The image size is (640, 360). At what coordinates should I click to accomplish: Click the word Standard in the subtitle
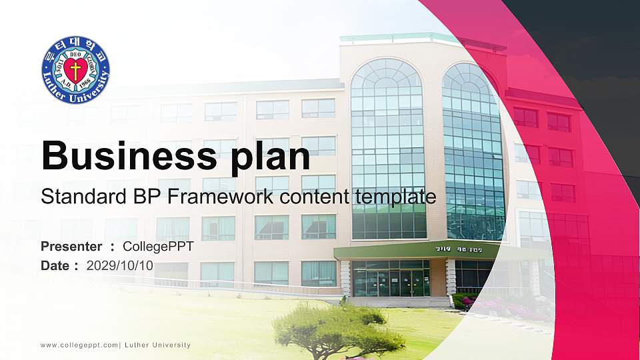tap(77, 197)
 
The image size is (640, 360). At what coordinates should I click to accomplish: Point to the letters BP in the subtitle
tap(136, 197)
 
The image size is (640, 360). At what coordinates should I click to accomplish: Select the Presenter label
tap(71, 247)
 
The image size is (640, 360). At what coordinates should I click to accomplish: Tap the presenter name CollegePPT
tap(158, 247)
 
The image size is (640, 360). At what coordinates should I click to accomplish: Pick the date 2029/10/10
tap(120, 265)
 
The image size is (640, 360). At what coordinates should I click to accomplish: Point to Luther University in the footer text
tap(157, 345)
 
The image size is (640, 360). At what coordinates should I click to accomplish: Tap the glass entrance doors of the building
tap(391, 282)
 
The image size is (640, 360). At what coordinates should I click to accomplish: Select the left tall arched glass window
tap(387, 147)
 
